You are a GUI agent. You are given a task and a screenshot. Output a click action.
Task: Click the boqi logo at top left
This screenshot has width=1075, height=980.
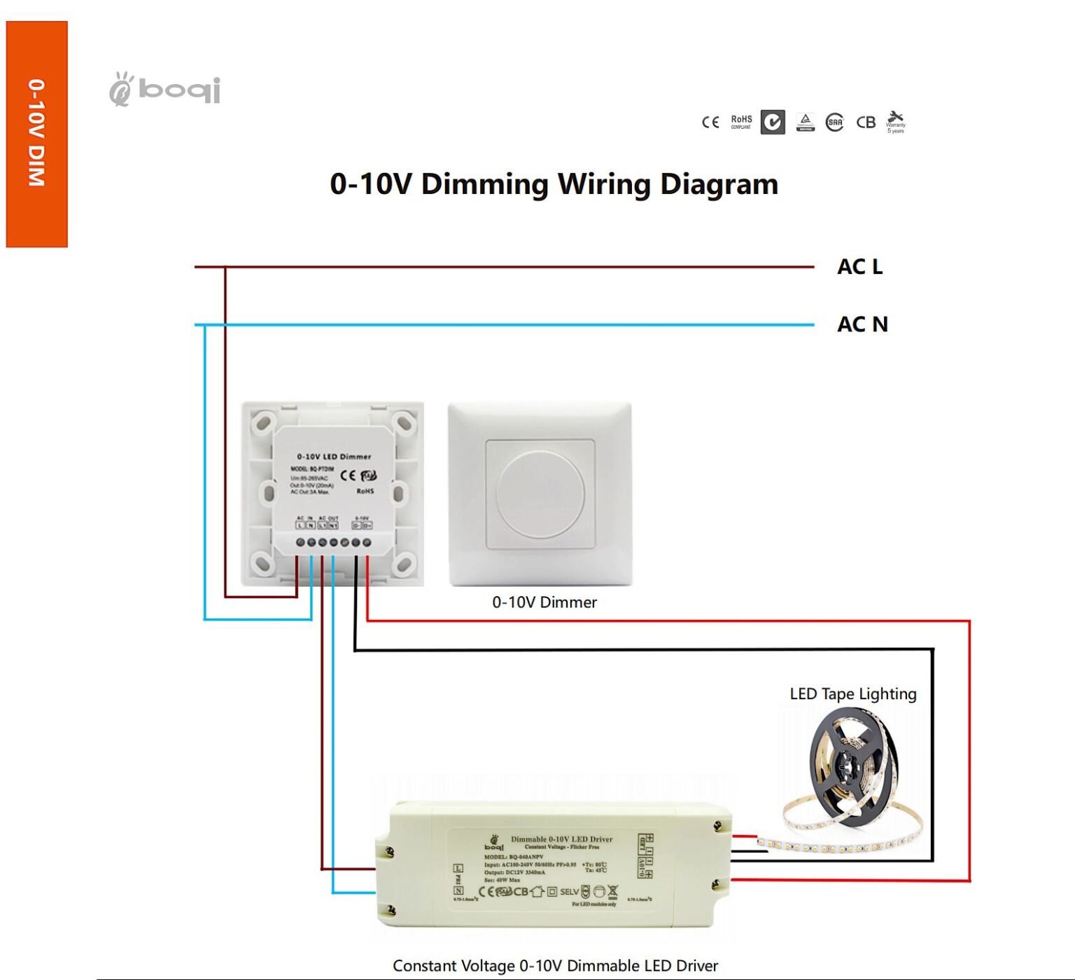point(165,90)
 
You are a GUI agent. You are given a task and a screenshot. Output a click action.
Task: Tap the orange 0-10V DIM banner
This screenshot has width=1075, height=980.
point(36,133)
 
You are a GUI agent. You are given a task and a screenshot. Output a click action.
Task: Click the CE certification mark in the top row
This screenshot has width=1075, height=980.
point(710,122)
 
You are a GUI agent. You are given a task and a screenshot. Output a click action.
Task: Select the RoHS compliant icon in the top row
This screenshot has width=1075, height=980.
point(741,122)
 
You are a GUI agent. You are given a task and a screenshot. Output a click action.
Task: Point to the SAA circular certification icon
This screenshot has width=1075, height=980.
point(835,123)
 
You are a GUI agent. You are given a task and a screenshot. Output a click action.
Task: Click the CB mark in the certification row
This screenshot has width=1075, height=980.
point(866,122)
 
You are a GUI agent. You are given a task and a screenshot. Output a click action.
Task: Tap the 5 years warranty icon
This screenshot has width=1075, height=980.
point(895,121)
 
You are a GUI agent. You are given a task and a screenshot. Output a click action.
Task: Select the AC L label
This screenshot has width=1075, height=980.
point(859,267)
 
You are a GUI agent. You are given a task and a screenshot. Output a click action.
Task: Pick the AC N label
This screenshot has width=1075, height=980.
point(862,324)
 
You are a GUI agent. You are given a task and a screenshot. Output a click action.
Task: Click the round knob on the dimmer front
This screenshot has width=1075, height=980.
point(540,494)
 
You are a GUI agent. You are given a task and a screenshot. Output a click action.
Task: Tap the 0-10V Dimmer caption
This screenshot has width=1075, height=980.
point(544,602)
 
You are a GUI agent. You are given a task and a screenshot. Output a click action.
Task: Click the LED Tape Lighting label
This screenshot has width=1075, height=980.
point(853,693)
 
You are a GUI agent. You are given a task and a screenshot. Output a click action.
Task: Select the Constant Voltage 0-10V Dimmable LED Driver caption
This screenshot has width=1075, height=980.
point(555,965)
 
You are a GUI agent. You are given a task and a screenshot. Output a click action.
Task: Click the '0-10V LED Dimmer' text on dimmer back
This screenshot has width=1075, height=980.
point(334,456)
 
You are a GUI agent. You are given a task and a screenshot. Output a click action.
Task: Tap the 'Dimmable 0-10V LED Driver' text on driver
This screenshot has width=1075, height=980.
point(561,838)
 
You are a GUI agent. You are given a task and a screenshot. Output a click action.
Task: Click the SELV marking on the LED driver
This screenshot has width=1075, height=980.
point(569,892)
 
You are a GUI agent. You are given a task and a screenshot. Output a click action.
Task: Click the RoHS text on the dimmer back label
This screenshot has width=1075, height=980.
point(365,491)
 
